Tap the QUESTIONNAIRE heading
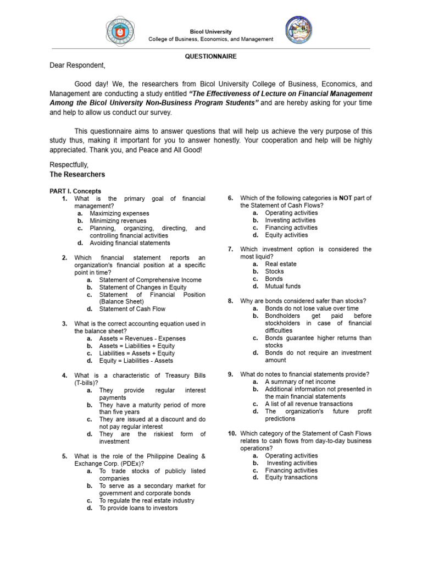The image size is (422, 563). tap(211, 56)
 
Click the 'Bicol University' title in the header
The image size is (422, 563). tap(211, 32)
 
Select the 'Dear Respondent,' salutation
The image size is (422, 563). tap(77, 65)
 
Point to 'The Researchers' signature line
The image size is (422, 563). tap(77, 174)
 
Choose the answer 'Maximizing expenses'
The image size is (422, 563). tap(119, 213)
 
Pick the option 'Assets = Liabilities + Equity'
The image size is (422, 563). tap(137, 346)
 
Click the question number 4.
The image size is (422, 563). tap(64, 376)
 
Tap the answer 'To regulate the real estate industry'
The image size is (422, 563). tap(147, 501)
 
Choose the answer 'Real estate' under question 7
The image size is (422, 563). tap(280, 264)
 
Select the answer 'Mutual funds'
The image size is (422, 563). tap(282, 286)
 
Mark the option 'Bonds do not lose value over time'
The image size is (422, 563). tap(312, 308)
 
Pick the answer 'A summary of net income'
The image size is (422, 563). tap(300, 382)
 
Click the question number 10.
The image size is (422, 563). tap(232, 433)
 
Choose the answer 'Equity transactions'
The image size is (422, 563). tap(291, 478)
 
